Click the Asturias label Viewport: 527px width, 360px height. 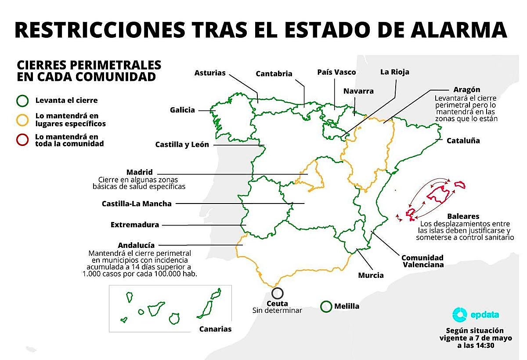click(209, 73)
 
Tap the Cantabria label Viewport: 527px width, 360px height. click(274, 74)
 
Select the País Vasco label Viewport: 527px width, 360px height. click(336, 72)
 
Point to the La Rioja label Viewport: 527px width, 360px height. click(394, 72)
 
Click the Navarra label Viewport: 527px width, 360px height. click(358, 91)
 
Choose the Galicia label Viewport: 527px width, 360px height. click(182, 110)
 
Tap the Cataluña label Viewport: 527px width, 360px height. click(463, 141)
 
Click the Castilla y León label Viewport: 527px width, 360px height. click(182, 145)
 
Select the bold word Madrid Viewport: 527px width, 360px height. click(139, 172)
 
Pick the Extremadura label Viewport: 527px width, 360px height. click(134, 225)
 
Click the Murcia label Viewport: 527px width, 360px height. click(371, 275)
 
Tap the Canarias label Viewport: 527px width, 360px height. click(215, 329)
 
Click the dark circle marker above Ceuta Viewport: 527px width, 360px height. click(278, 293)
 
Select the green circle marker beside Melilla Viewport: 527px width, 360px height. click(326, 306)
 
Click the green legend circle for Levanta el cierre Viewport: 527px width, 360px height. click(22, 101)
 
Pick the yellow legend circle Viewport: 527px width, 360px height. click(22, 120)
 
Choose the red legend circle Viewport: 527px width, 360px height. click(22, 140)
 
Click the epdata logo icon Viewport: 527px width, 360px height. click(460, 315)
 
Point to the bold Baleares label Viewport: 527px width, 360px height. click(463, 216)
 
